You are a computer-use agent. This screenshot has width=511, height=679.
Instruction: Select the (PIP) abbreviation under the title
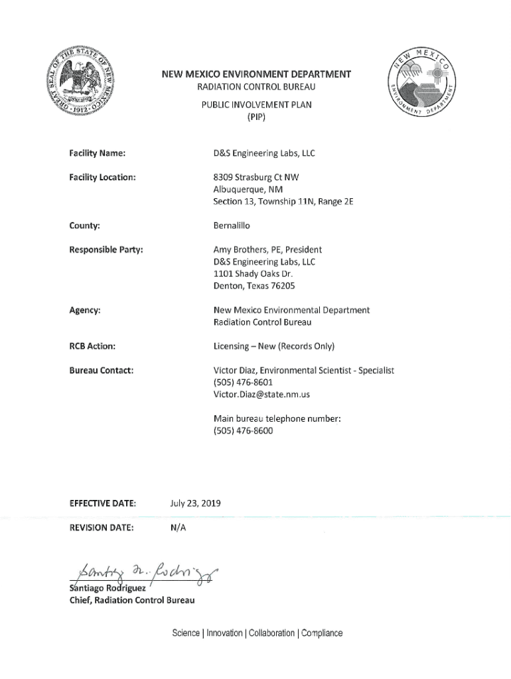click(x=256, y=117)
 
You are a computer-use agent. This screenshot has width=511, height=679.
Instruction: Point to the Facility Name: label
click(x=98, y=154)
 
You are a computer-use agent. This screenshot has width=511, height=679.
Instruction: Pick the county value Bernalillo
click(x=232, y=225)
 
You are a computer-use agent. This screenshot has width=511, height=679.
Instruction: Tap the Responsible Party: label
click(x=106, y=250)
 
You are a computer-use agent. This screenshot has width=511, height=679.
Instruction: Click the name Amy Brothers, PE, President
click(x=267, y=250)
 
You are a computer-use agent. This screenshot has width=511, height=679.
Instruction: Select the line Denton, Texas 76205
click(x=254, y=286)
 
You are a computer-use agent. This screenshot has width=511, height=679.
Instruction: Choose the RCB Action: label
click(x=92, y=346)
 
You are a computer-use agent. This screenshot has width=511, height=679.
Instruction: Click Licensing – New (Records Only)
click(x=273, y=346)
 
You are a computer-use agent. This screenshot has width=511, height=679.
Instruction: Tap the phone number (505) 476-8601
click(x=243, y=383)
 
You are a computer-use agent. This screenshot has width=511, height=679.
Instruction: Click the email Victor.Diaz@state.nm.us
click(x=261, y=395)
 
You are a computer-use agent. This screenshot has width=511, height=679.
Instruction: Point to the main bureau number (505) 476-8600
click(x=243, y=430)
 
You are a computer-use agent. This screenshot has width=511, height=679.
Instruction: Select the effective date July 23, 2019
click(x=196, y=504)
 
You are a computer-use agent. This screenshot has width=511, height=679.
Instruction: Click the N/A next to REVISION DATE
click(x=179, y=528)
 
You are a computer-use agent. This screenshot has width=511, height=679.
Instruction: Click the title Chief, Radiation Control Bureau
click(x=132, y=601)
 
